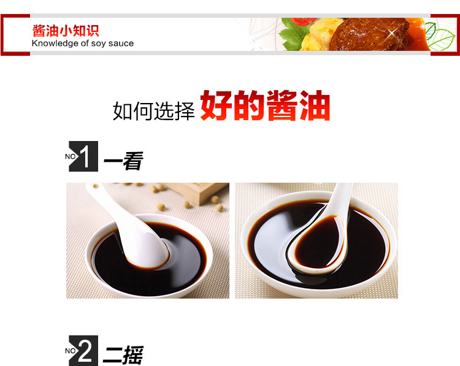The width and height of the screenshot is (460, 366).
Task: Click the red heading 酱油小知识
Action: click(66, 31)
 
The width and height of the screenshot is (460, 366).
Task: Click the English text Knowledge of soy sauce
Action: click(83, 44)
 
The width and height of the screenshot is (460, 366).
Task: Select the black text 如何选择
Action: click(154, 111)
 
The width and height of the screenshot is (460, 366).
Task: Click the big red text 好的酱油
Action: click(265, 105)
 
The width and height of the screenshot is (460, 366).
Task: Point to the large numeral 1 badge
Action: click(83, 156)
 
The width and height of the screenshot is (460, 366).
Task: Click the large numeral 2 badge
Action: click(83, 351)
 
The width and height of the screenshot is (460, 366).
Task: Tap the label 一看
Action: click(123, 161)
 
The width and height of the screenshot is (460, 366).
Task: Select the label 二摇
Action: click(123, 355)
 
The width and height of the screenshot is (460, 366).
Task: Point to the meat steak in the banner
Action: click(369, 34)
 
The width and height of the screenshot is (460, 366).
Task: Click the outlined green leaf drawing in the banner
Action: click(439, 36)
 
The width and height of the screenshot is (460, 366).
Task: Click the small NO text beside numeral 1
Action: click(71, 156)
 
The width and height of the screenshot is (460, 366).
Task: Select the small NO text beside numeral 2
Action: click(71, 351)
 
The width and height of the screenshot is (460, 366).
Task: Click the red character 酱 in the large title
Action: click(282, 105)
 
